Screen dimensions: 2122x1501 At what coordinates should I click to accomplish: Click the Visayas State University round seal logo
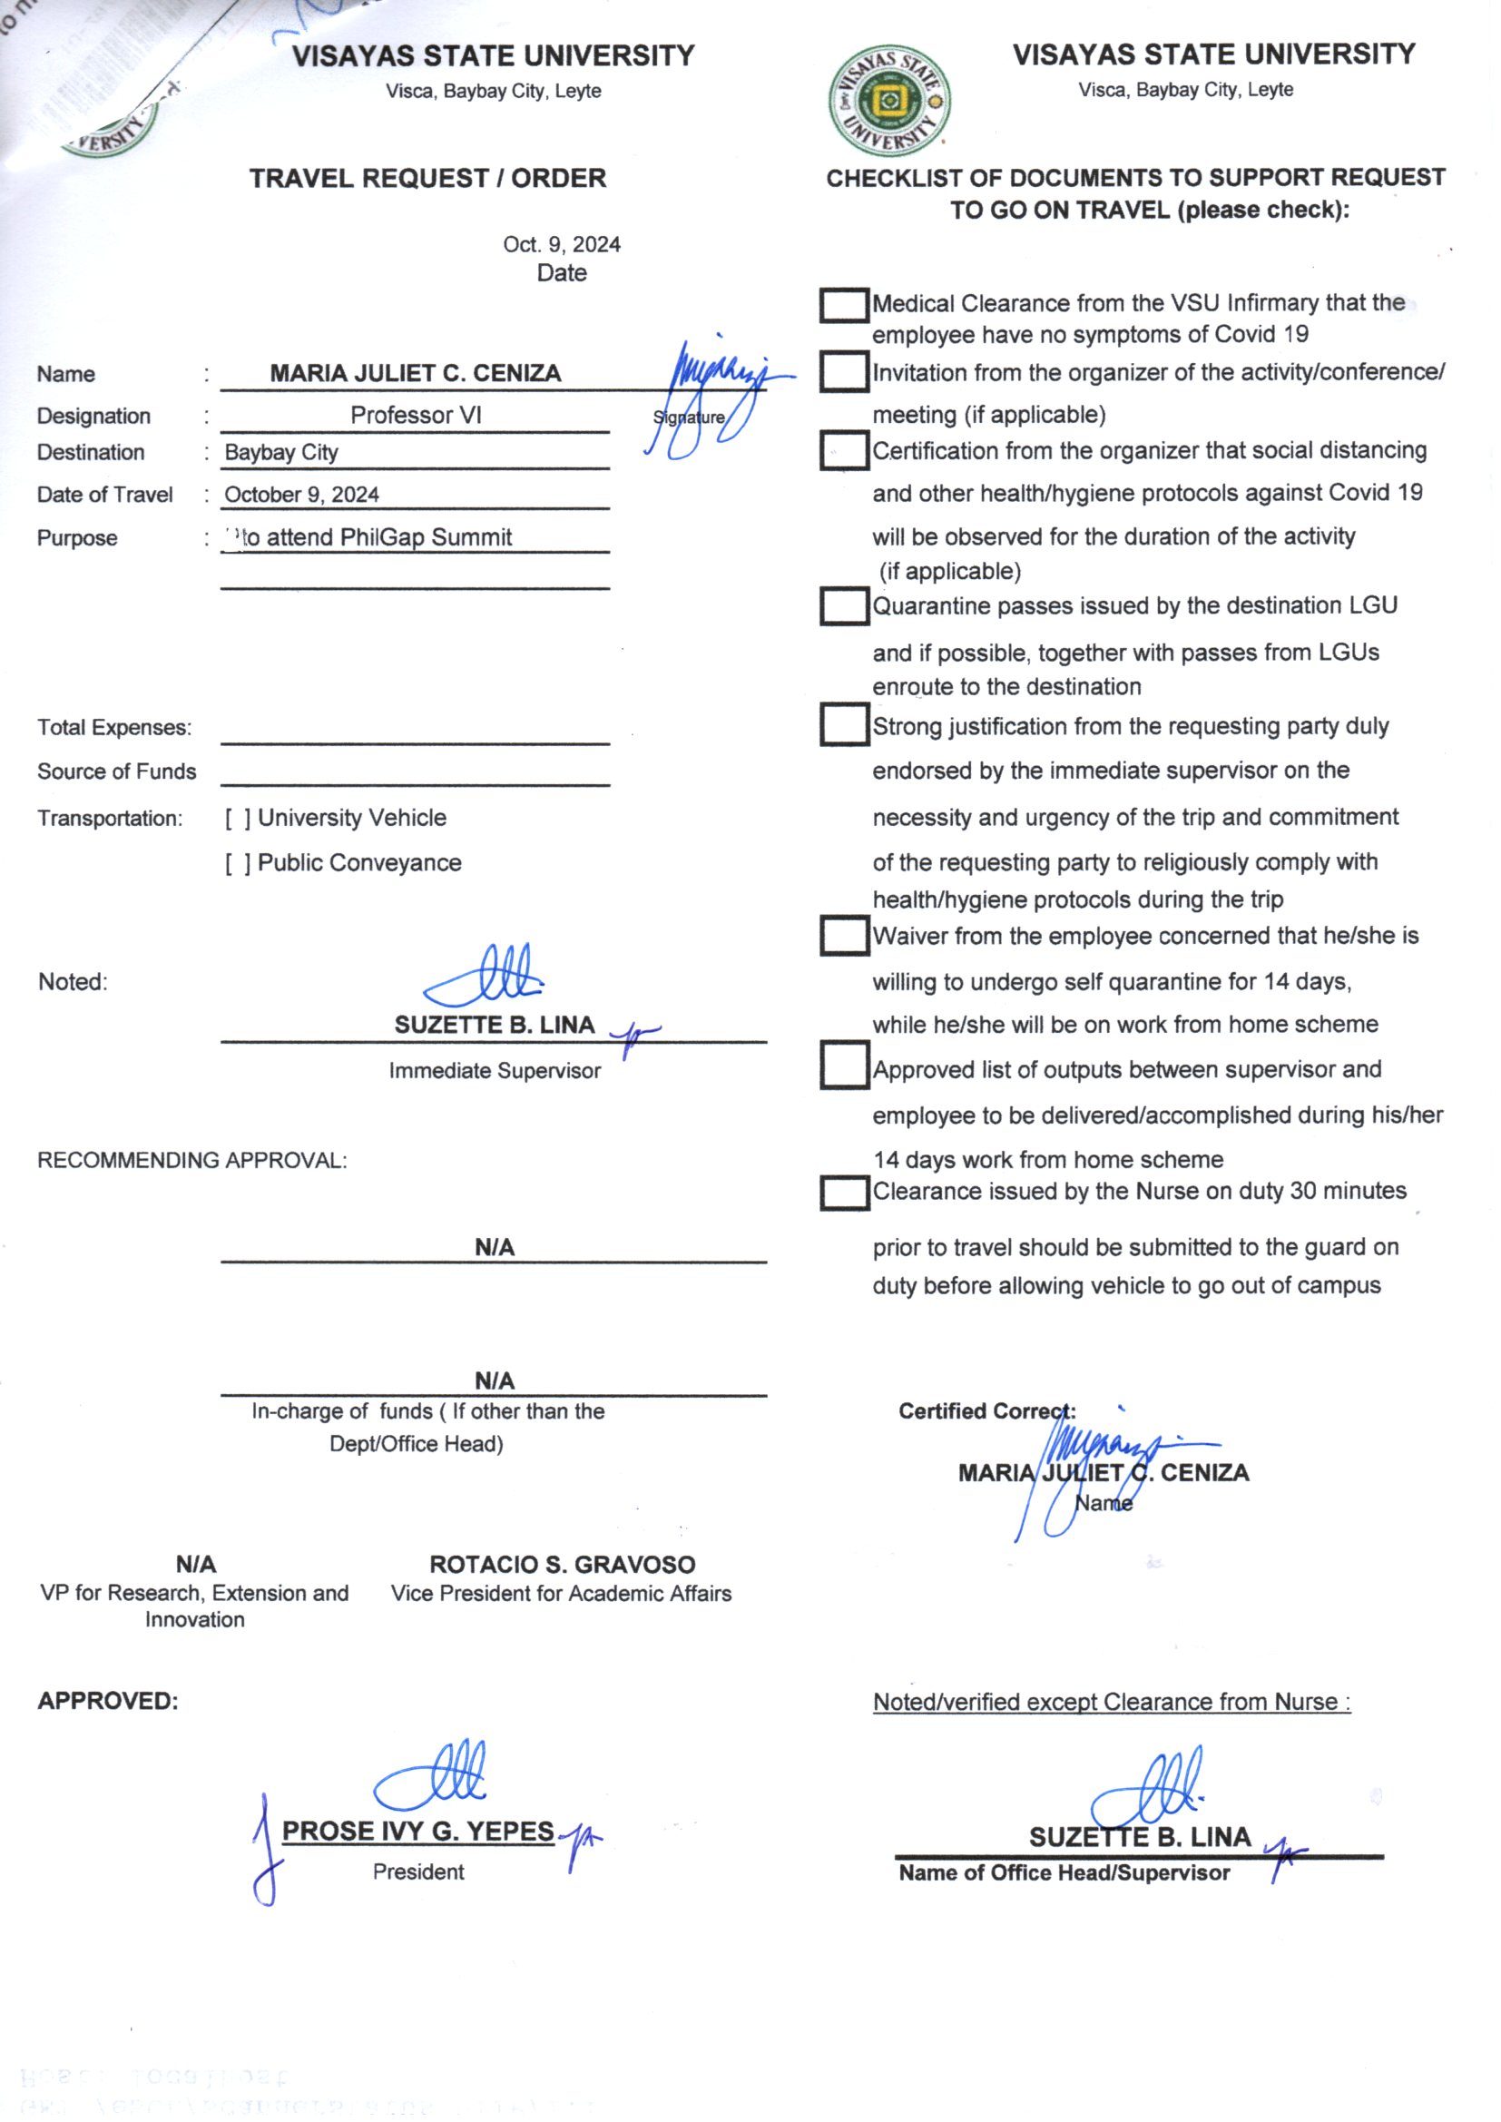[x=889, y=101]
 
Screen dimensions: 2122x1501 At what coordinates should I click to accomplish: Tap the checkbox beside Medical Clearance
[x=843, y=305]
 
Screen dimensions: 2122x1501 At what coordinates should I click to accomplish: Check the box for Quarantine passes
[x=843, y=606]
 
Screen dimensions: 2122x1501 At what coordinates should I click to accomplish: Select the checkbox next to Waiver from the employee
[x=843, y=936]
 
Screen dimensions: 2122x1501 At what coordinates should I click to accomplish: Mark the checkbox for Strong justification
[x=843, y=724]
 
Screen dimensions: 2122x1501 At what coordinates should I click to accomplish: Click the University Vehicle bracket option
[x=238, y=818]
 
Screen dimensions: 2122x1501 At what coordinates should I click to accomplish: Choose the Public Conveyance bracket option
[x=238, y=863]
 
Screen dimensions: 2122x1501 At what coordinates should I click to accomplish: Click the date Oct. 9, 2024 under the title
[x=561, y=244]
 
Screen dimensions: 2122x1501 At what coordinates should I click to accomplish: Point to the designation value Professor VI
[x=416, y=415]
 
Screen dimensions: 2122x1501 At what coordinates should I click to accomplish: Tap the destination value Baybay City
[x=281, y=452]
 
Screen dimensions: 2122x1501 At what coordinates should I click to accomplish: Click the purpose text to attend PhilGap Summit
[x=373, y=537]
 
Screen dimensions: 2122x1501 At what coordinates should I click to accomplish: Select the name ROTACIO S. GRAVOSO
[x=562, y=1564]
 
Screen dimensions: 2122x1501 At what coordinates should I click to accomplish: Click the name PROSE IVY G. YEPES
[x=417, y=1831]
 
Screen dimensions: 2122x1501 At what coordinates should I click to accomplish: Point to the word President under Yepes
[x=417, y=1871]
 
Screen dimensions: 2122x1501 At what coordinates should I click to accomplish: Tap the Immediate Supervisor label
[x=495, y=1070]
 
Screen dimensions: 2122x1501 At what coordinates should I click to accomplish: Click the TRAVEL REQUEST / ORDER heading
[x=427, y=178]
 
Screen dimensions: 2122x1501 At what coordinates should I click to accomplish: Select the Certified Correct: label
[x=986, y=1411]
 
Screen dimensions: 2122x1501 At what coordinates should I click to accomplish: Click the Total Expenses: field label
[x=114, y=727]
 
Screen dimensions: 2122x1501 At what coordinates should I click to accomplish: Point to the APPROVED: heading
[x=107, y=1701]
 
